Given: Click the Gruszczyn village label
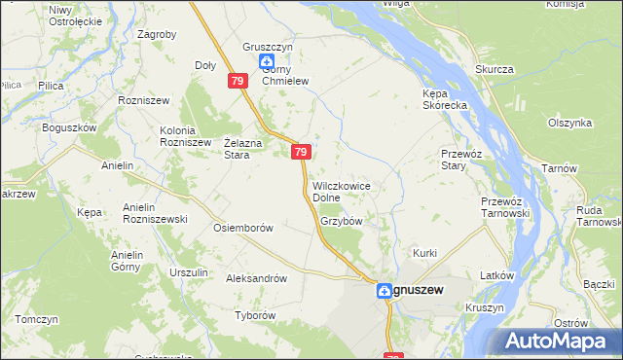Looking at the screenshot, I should click(267, 48).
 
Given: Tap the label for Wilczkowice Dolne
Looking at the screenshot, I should click(340, 191).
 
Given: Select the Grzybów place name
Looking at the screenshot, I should click(341, 221).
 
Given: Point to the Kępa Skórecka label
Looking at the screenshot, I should click(447, 99).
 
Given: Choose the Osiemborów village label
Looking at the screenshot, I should click(242, 228).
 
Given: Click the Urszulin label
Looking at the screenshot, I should click(188, 272).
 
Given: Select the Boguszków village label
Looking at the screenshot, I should click(69, 127).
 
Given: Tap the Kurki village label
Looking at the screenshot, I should click(425, 253).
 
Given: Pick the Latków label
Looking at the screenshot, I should click(496, 275).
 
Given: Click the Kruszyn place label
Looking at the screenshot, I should click(485, 307).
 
